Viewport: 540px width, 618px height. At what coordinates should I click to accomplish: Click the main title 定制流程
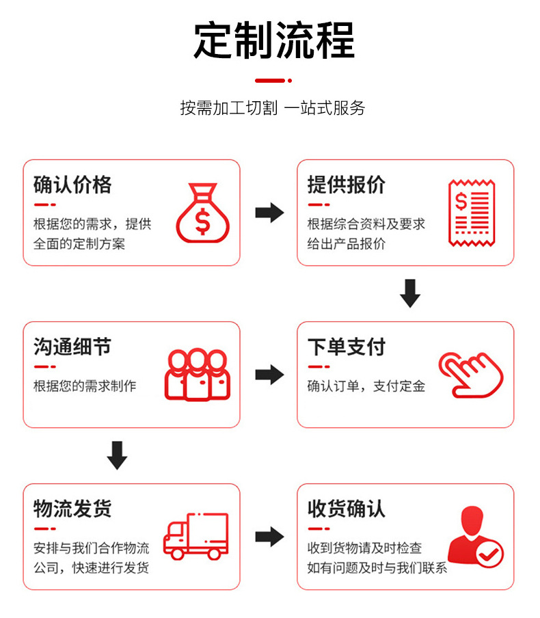[274, 41]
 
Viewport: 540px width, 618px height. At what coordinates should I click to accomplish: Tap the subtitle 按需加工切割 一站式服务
[273, 108]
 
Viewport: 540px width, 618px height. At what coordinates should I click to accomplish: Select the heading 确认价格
[72, 185]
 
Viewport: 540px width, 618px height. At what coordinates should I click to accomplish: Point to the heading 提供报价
[346, 185]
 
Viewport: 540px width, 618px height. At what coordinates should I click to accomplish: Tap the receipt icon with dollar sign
[471, 213]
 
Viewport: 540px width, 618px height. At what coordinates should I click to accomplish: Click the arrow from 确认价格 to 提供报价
[269, 213]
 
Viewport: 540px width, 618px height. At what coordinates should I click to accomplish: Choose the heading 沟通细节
[72, 347]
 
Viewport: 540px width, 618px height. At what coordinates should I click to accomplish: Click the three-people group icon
[197, 375]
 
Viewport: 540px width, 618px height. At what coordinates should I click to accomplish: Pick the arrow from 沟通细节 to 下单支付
[269, 375]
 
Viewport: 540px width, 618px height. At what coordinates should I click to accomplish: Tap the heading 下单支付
[346, 347]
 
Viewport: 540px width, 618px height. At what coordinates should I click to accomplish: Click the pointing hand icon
[470, 375]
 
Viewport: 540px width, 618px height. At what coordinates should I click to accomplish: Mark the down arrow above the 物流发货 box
[118, 455]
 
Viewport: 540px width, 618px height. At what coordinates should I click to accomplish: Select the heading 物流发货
[72, 509]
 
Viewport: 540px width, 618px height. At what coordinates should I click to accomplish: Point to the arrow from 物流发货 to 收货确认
[269, 537]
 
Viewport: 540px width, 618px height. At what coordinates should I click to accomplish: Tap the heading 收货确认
[346, 509]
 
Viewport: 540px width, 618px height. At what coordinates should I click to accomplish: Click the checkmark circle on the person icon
[489, 554]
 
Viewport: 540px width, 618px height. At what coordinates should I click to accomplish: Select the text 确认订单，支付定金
[366, 386]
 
